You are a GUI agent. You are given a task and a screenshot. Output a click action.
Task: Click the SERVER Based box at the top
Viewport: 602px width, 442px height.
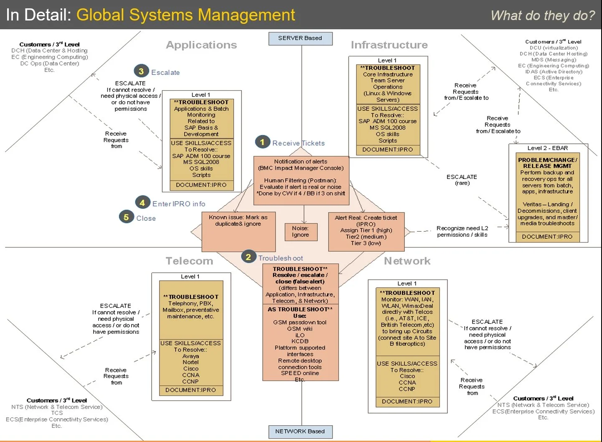click(300, 38)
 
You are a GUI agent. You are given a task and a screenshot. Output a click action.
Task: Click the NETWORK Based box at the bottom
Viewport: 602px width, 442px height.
click(300, 432)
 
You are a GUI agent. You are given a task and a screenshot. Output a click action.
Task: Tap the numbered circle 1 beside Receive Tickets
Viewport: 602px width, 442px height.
click(262, 142)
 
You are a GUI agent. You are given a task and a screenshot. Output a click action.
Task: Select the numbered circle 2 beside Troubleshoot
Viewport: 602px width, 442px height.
click(248, 257)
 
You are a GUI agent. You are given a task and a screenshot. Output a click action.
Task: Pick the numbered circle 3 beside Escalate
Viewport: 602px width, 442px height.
click(141, 72)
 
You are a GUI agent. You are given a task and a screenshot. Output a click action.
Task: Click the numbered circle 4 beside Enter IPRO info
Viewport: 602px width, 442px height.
click(142, 203)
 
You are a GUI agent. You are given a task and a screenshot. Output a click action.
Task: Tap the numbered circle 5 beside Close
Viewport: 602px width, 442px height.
click(126, 217)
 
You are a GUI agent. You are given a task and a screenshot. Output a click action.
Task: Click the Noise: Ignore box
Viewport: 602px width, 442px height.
click(300, 232)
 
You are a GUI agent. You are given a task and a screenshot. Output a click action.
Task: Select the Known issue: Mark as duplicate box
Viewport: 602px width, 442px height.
click(238, 231)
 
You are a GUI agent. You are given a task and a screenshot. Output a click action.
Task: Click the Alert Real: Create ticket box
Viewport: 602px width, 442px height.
click(366, 230)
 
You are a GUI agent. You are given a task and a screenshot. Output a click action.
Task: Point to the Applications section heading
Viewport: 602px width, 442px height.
click(201, 45)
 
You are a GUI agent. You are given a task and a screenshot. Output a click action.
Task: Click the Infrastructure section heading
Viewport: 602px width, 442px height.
click(389, 45)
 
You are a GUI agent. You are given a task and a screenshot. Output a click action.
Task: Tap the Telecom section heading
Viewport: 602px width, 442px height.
click(189, 261)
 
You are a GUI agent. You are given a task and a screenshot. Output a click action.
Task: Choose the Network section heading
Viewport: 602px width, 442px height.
click(407, 261)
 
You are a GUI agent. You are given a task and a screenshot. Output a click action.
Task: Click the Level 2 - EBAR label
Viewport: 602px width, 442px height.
click(547, 148)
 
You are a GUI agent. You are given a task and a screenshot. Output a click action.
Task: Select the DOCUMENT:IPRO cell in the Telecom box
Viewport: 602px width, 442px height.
click(191, 390)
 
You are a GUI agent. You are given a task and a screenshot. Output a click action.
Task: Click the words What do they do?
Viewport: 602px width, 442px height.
click(542, 16)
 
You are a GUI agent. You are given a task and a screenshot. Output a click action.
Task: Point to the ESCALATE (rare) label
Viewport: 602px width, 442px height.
click(462, 180)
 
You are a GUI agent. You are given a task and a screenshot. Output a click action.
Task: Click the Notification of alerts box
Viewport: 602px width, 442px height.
click(301, 180)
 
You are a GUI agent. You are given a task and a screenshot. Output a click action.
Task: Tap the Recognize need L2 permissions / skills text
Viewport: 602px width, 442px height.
click(462, 232)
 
